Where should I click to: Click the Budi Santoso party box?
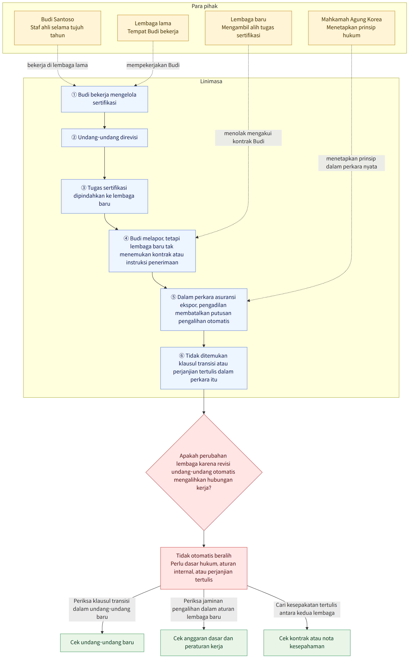tap(57, 28)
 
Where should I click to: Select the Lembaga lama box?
tap(153, 28)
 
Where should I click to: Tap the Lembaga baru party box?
tap(248, 28)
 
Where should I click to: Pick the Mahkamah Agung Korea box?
tap(351, 28)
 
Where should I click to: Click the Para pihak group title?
tap(204, 6)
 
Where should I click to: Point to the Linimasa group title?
tap(211, 81)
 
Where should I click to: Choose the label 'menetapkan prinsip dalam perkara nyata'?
tap(351, 163)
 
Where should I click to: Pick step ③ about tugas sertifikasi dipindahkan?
tap(104, 196)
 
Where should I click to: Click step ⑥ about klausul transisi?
tap(204, 368)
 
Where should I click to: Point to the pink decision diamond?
tap(204, 472)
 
